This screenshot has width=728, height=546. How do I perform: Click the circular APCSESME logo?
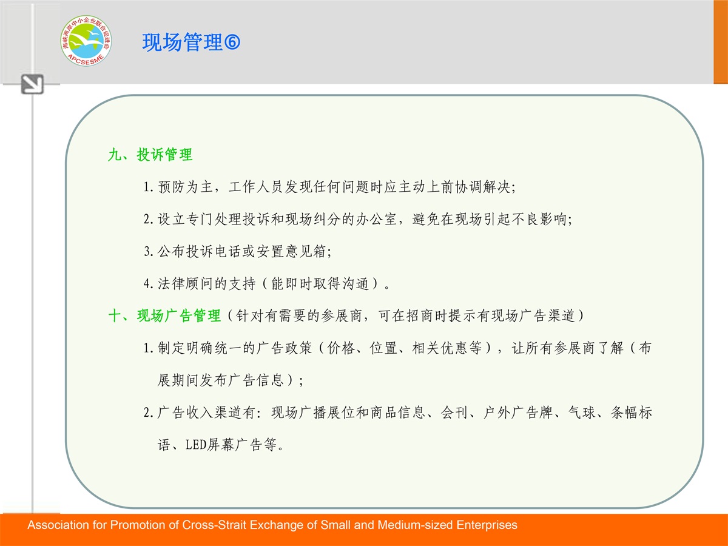86,41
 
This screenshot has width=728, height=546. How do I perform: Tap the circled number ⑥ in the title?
232,42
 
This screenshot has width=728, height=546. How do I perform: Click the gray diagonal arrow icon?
32,84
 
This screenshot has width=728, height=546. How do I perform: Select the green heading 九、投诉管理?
150,155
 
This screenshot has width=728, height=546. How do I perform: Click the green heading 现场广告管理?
179,315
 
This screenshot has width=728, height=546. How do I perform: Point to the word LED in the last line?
196,445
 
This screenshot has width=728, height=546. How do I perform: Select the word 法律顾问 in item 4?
186,283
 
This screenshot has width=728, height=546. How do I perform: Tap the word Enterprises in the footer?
487,525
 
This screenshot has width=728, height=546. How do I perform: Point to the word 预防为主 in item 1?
186,187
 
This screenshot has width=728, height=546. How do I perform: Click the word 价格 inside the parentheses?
341,348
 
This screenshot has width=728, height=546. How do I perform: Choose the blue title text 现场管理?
183,42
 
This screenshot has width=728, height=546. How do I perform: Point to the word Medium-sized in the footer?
414,525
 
